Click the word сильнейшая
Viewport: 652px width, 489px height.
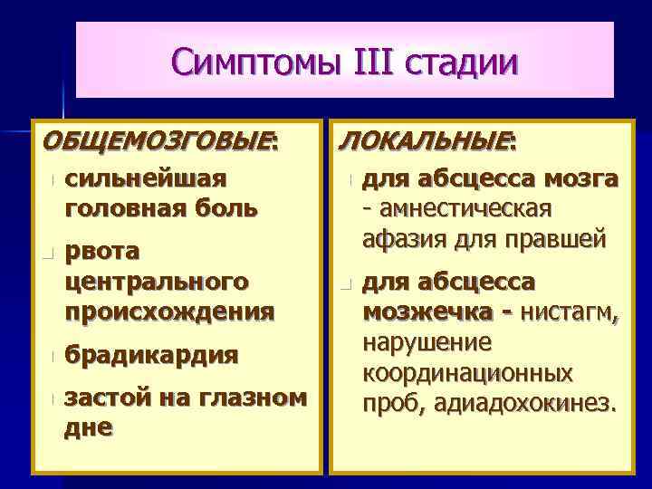145,178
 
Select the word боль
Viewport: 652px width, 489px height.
225,207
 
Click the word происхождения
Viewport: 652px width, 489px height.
170,312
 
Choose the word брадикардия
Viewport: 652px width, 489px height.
152,355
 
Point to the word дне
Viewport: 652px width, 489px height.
89,427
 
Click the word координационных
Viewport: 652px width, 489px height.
467,372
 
